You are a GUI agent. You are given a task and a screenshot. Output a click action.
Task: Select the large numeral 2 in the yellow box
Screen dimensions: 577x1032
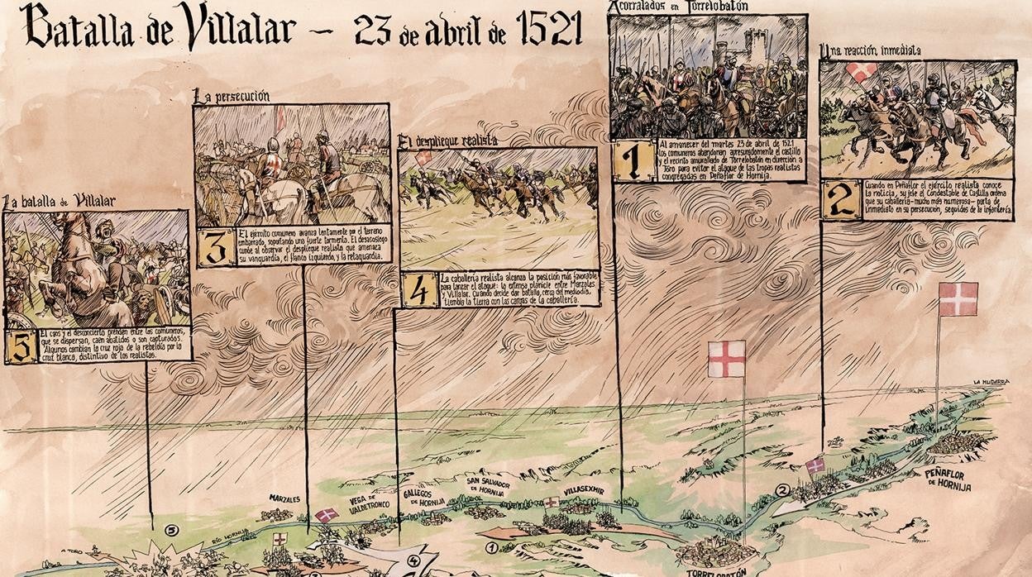coord(842,200)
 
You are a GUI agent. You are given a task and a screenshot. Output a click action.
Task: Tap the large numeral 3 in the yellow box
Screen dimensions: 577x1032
coord(217,247)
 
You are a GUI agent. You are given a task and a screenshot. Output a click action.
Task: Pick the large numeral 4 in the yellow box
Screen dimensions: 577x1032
coord(420,289)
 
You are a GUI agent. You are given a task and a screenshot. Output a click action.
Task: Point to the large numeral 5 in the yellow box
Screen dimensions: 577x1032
coord(20,346)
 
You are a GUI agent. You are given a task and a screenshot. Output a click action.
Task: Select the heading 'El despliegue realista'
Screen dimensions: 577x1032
coord(448,140)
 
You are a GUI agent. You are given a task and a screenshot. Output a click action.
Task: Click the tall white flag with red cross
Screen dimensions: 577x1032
coord(726,359)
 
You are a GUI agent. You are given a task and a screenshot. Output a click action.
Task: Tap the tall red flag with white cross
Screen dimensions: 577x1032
coord(958,298)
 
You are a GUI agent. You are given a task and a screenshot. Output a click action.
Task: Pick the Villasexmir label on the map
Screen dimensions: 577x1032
coord(584,490)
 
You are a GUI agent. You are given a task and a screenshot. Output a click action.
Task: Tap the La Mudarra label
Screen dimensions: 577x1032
coord(991,382)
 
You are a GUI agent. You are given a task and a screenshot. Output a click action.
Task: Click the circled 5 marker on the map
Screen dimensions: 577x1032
coord(171,530)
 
